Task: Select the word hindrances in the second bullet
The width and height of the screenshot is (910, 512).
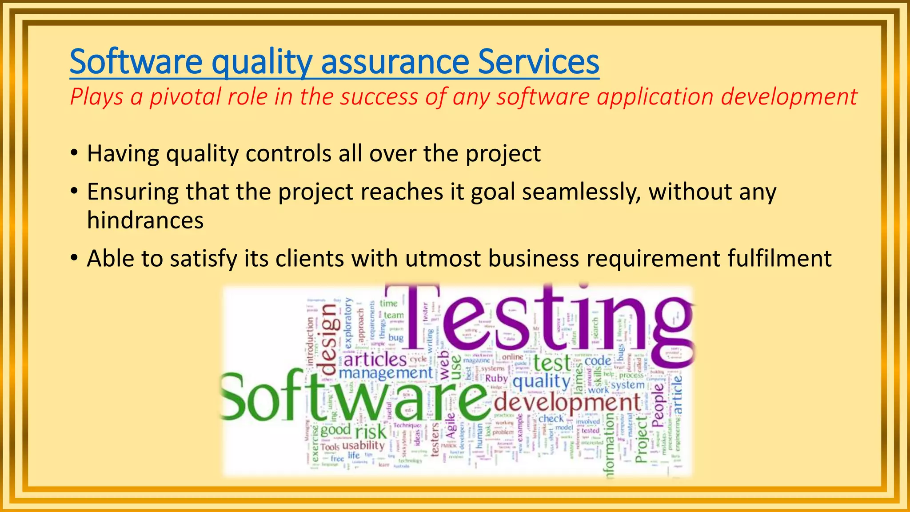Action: (145, 220)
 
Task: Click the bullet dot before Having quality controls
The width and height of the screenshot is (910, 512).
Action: (74, 154)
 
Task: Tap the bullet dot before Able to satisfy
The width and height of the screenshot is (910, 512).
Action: (74, 258)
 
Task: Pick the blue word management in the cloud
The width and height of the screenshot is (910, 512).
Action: (385, 372)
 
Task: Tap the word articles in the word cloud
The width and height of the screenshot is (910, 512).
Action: (375, 359)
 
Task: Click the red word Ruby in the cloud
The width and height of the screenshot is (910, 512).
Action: (496, 378)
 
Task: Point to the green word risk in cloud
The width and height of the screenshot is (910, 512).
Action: (371, 432)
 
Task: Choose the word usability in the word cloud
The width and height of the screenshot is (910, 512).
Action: (363, 445)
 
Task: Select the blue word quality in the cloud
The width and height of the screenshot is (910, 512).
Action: (542, 381)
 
